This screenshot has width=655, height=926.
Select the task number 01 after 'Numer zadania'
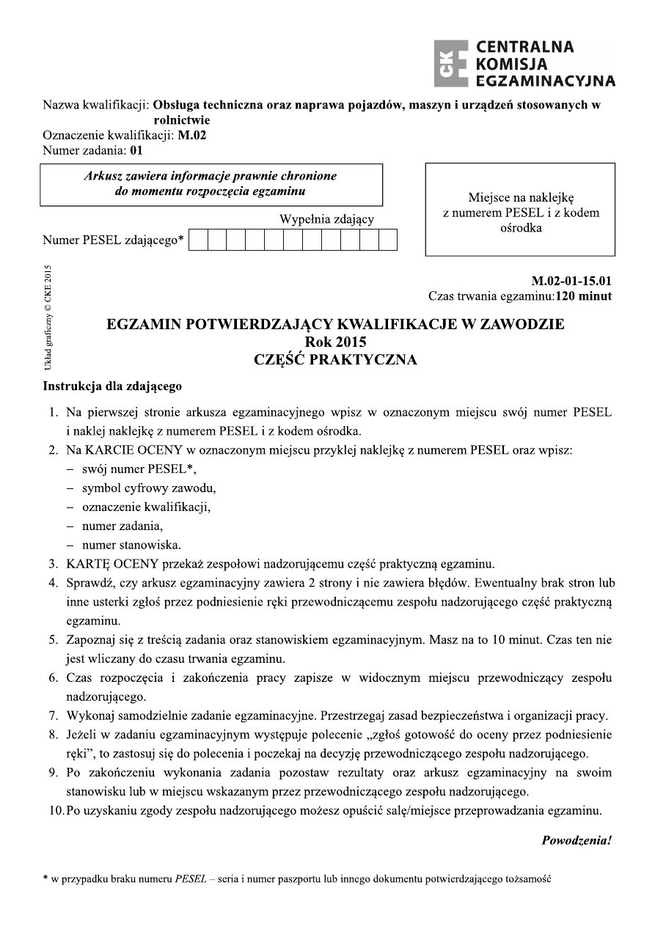136,151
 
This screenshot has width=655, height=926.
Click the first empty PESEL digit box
199,240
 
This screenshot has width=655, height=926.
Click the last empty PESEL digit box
388,240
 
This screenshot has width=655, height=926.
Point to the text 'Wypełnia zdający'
326,218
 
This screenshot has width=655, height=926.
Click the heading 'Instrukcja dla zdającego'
112,386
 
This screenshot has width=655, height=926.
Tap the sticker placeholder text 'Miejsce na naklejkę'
520,197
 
